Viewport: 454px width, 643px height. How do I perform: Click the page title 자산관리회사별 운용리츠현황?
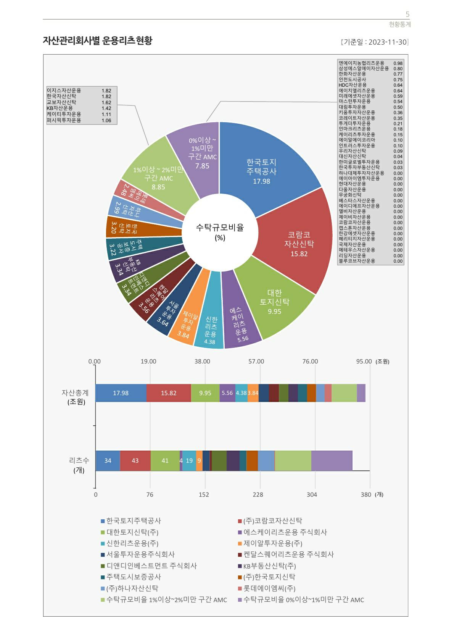click(x=97, y=40)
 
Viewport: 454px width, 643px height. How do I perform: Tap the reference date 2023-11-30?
click(x=388, y=42)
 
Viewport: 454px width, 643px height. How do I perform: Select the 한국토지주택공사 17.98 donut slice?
click(x=267, y=168)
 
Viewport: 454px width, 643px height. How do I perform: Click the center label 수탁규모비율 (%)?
click(x=220, y=232)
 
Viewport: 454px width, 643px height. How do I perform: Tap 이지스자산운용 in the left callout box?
click(x=64, y=90)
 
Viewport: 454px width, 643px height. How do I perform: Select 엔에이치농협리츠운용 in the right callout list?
click(x=361, y=63)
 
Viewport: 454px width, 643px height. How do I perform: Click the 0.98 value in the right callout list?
click(x=398, y=63)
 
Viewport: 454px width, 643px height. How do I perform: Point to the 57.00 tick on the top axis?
click(x=256, y=361)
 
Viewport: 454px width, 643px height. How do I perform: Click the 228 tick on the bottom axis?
click(x=258, y=494)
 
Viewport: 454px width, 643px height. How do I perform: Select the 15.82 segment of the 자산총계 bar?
click(x=169, y=393)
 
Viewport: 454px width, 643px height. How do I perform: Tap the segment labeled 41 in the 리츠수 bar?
click(x=165, y=460)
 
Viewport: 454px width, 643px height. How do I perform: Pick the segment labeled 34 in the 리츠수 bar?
click(x=108, y=460)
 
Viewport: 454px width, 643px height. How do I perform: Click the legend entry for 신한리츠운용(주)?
click(x=132, y=543)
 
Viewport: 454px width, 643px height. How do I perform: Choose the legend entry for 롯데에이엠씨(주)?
click(x=269, y=588)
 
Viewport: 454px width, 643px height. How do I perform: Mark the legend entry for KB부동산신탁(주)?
click(x=269, y=566)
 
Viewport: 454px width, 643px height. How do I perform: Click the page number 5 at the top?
click(x=407, y=15)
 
